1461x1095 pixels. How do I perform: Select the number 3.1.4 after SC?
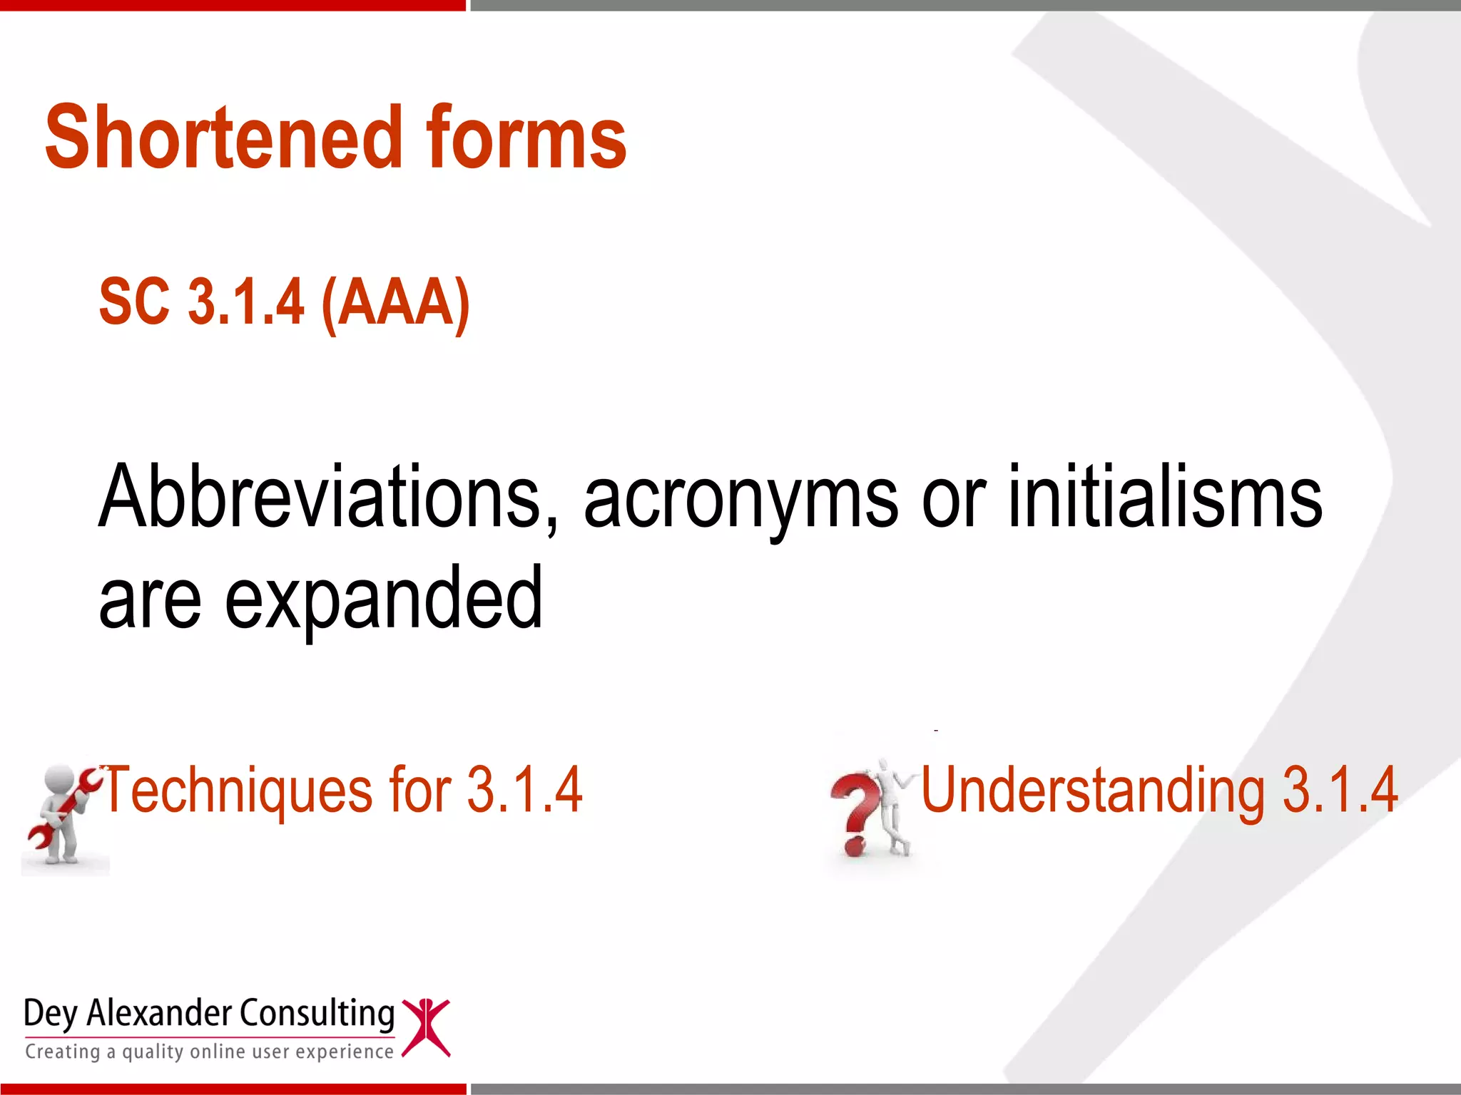(x=246, y=302)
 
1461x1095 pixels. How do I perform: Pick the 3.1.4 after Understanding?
(x=1340, y=790)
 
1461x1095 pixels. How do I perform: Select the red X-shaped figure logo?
(x=426, y=1027)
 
